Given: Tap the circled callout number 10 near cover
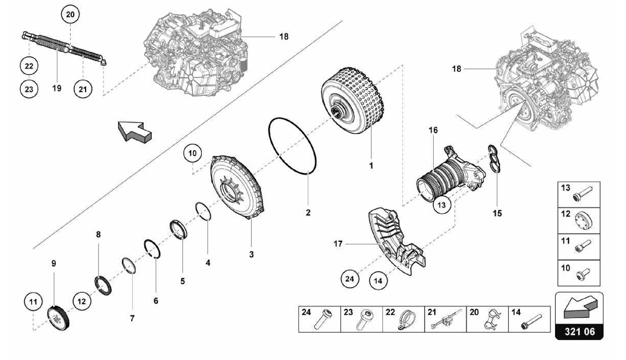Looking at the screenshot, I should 192,153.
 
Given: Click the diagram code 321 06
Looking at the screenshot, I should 579,331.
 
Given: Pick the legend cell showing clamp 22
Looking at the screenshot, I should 403,319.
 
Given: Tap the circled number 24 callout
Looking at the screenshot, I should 349,279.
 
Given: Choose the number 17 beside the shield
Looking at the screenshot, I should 338,244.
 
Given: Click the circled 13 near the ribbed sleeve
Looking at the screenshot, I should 442,204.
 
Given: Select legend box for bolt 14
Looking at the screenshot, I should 529,319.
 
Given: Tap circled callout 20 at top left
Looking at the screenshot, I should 70,15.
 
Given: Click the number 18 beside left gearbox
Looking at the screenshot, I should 284,37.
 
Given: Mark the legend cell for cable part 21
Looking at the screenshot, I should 445,319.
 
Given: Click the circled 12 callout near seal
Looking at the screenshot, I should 82,301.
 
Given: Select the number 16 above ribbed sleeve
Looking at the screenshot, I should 433,130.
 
